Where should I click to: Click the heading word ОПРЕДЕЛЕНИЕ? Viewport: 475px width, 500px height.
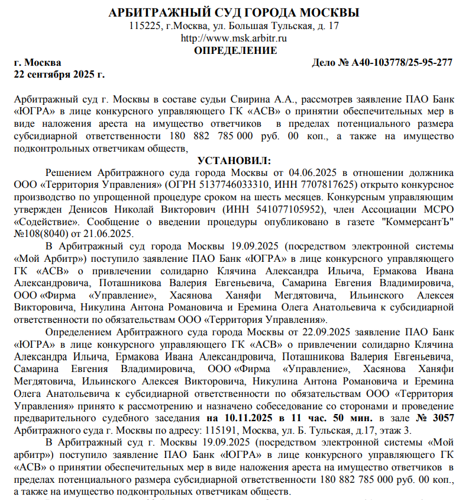235,50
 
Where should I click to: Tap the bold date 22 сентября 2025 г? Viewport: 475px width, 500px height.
59,74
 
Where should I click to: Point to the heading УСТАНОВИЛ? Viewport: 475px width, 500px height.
235,161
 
